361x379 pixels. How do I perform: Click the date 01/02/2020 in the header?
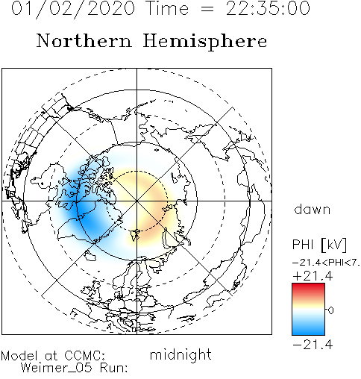coord(73,9)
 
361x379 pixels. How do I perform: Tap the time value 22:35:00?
coord(268,8)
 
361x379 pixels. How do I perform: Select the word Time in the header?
coord(168,8)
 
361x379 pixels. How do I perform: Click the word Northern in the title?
coord(84,40)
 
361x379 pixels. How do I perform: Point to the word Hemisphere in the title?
coord(205,42)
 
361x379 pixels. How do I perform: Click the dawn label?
coord(313,209)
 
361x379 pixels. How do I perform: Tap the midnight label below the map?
coord(180,354)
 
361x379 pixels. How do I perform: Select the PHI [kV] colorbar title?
coord(319,245)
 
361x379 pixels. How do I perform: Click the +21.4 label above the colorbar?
coord(313,276)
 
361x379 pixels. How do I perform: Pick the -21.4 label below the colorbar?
coord(313,345)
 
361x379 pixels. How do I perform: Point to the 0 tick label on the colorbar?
coord(330,310)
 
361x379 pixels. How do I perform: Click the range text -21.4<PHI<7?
coord(326,263)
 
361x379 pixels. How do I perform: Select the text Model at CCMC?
coord(53,356)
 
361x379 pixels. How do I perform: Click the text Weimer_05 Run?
coord(75,368)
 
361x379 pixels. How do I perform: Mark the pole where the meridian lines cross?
coord(136,201)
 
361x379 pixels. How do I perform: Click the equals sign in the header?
coord(207,9)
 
